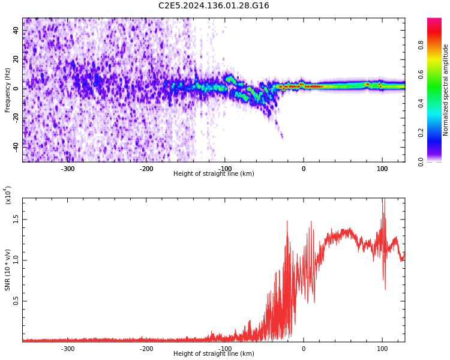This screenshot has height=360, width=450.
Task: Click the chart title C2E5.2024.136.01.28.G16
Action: (214, 6)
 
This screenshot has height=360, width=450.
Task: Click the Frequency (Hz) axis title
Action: (8, 90)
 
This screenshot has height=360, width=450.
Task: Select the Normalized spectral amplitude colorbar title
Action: (446, 90)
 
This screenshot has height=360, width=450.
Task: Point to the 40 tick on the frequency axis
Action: (16, 30)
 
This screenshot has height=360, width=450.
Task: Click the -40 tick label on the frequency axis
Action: (14, 146)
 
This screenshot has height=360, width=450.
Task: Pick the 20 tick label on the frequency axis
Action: (16, 59)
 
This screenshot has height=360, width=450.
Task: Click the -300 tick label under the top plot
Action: (68, 169)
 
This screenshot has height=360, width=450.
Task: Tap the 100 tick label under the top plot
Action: (382, 169)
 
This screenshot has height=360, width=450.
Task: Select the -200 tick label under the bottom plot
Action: (146, 349)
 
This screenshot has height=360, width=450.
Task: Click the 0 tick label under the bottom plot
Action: (304, 349)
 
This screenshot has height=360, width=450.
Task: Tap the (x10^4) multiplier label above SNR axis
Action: (8, 195)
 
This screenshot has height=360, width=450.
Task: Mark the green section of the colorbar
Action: (434, 96)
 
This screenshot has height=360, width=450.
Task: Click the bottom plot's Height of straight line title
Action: (214, 354)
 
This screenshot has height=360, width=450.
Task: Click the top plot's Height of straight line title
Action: (214, 174)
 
